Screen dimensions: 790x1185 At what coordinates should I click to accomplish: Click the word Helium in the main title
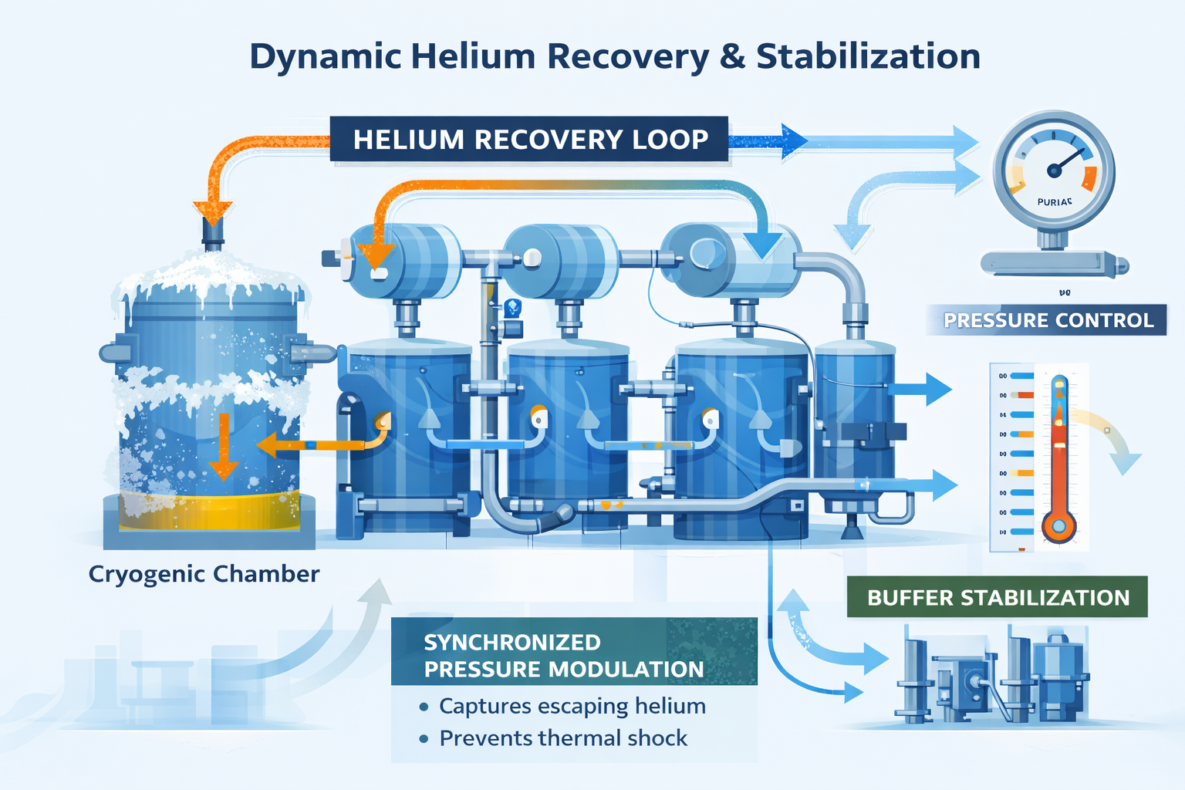pyautogui.click(x=472, y=57)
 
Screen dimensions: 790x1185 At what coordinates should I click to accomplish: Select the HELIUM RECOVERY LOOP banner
pyautogui.click(x=529, y=140)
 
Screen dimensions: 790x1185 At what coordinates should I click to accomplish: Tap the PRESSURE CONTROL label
pyautogui.click(x=1048, y=320)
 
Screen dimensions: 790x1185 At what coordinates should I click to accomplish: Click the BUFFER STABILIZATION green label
pyautogui.click(x=998, y=598)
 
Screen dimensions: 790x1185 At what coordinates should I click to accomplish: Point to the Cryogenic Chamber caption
pyautogui.click(x=204, y=574)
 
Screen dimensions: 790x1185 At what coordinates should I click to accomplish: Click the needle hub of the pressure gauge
pyautogui.click(x=1054, y=170)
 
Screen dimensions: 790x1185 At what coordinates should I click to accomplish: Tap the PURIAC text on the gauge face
pyautogui.click(x=1054, y=202)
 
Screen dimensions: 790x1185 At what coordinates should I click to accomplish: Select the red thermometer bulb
pyautogui.click(x=1058, y=527)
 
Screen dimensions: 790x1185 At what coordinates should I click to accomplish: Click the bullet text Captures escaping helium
pyautogui.click(x=572, y=706)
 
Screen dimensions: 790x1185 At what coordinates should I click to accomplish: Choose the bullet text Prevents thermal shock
pyautogui.click(x=562, y=738)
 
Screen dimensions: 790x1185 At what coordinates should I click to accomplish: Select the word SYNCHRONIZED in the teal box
pyautogui.click(x=511, y=642)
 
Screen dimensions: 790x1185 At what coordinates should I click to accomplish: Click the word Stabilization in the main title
pyautogui.click(x=868, y=57)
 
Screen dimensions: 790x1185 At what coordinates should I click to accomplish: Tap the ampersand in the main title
pyautogui.click(x=732, y=57)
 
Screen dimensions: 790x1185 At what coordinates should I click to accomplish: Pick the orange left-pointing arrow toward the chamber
pyautogui.click(x=270, y=445)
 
